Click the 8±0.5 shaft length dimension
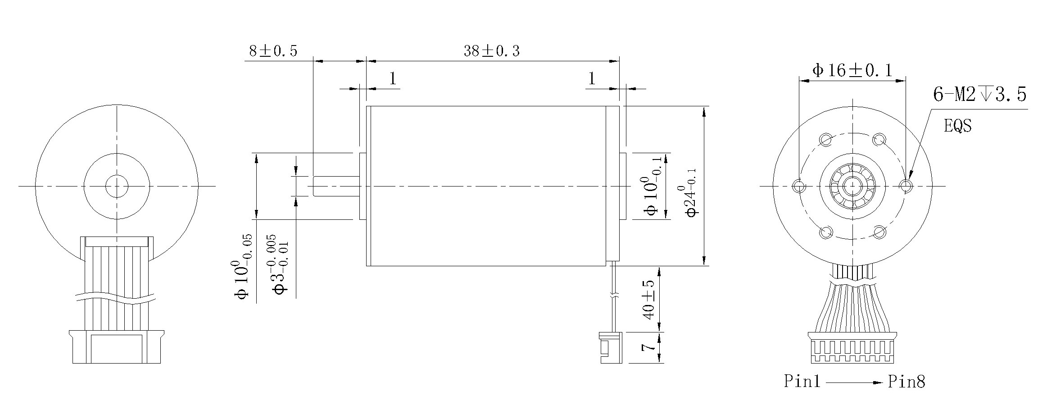[273, 51]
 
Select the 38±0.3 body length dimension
[492, 51]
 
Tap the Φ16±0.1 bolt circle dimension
[852, 71]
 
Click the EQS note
[958, 126]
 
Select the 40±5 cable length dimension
[649, 300]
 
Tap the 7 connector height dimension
[648, 347]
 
